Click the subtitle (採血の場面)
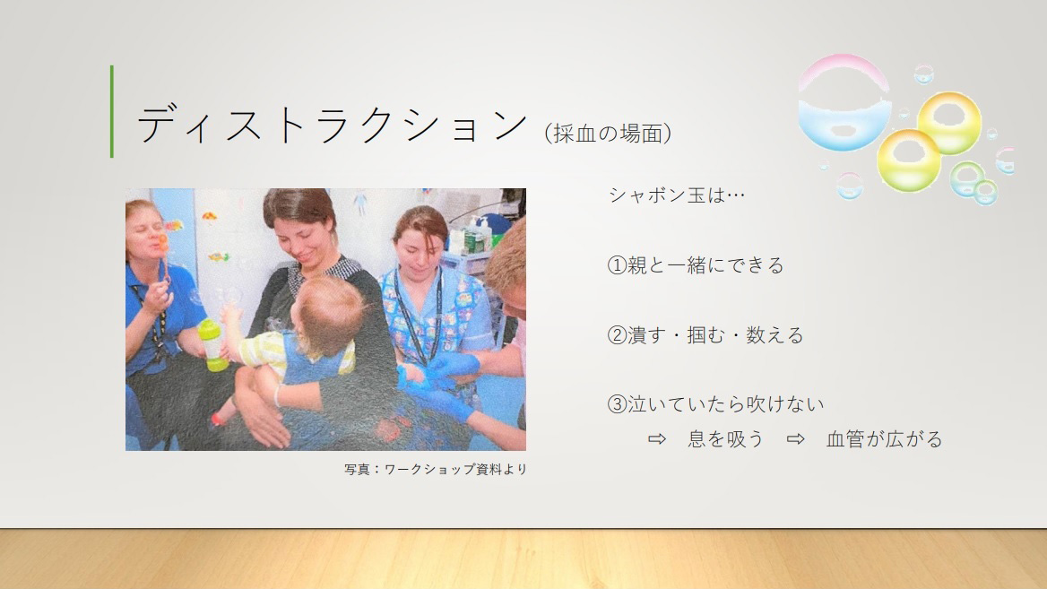608,133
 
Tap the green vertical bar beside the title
111,111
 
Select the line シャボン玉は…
677,195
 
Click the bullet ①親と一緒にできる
695,265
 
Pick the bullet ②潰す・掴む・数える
705,334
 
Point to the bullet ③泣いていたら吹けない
715,404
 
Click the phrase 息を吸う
726,438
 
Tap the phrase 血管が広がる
884,438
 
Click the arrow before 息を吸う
657,438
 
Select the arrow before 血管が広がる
795,438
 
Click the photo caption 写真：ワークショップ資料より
436,469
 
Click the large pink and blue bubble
844,102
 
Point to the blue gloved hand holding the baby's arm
454,365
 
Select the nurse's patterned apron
430,314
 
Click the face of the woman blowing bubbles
148,230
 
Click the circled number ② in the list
617,334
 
